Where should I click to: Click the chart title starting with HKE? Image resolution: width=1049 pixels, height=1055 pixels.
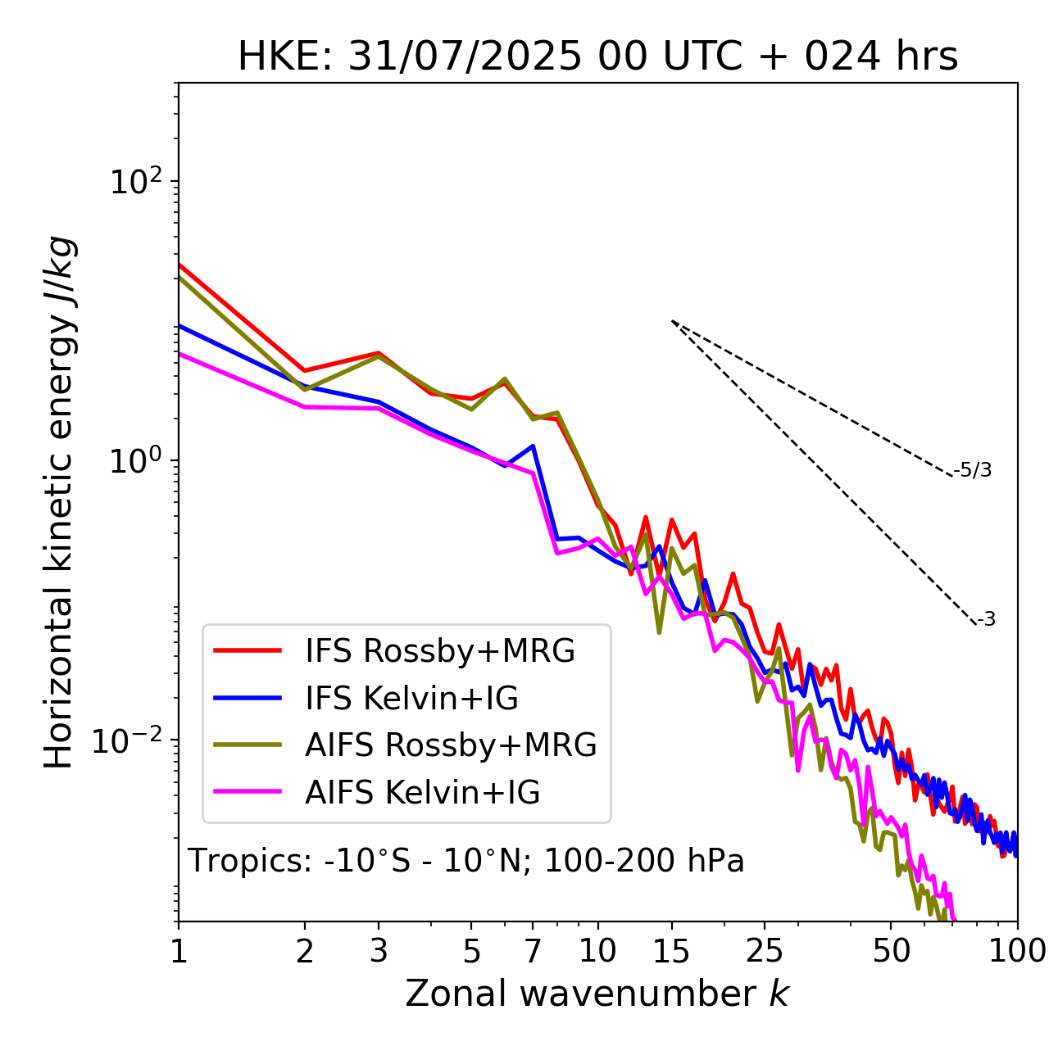click(597, 57)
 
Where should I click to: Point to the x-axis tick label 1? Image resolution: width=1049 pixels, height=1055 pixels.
click(179, 951)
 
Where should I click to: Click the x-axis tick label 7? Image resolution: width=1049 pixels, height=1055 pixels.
click(533, 951)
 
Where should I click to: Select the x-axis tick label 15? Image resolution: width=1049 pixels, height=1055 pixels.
click(671, 951)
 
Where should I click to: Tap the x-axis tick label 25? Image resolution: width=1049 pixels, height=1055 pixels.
click(765, 951)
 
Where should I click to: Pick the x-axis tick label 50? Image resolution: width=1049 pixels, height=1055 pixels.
click(891, 951)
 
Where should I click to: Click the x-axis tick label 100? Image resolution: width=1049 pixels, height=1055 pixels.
click(1016, 951)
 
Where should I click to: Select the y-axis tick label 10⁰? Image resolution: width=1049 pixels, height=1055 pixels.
click(135, 460)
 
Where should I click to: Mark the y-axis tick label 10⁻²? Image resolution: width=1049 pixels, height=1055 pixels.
click(131, 740)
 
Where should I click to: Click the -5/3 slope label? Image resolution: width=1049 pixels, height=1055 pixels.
click(973, 470)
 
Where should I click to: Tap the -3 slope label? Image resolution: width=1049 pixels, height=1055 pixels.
click(986, 620)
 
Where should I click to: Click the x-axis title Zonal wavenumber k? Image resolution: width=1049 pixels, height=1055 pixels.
click(597, 994)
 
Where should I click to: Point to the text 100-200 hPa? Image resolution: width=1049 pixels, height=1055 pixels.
click(644, 861)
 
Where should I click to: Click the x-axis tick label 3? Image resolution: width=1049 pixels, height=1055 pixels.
click(379, 951)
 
